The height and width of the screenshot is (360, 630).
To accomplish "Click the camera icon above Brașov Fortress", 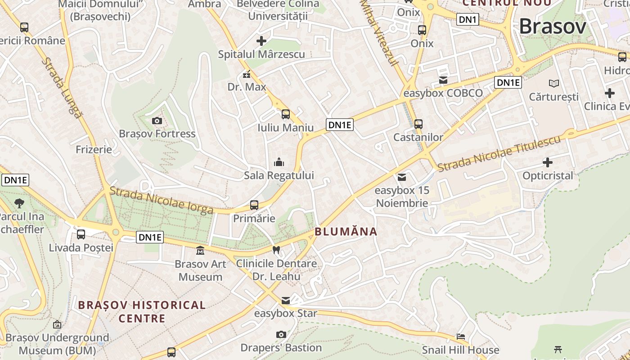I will pos(157,121).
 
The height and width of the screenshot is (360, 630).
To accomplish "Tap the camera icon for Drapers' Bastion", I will pos(281,334).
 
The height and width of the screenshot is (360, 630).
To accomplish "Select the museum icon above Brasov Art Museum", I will pos(200,250).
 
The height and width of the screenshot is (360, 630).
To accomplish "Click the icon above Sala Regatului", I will pos(279,162).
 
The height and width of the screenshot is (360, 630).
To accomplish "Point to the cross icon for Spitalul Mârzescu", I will pos(261,41).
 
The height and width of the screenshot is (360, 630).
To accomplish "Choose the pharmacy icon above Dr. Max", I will pos(247,74).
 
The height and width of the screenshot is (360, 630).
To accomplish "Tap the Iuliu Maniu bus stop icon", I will pos(286,114).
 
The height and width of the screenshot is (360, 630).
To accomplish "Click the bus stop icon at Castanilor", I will pos(418,124).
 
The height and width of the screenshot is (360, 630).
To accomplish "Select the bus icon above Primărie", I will pos(254,205).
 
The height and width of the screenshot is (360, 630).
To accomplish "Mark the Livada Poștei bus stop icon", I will pos(81,234).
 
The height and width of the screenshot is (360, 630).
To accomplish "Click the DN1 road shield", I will pos(468,19).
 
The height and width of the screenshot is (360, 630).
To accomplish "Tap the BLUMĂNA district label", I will pos(346,232).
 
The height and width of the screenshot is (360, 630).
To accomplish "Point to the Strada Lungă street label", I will pos(63,88).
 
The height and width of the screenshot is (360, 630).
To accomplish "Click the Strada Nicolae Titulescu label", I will pos(499,153).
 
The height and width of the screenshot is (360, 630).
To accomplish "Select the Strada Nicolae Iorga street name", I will pos(162,200).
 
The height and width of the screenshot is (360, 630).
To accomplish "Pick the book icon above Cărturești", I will pos(554,83).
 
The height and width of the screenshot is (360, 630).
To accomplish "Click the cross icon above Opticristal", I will pos(548,162).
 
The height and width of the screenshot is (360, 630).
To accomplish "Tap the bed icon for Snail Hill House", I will pos(461,336).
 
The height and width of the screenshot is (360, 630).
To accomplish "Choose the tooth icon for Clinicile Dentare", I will pos(276,250).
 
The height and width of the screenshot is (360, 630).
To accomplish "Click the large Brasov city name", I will pos(553,27).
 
